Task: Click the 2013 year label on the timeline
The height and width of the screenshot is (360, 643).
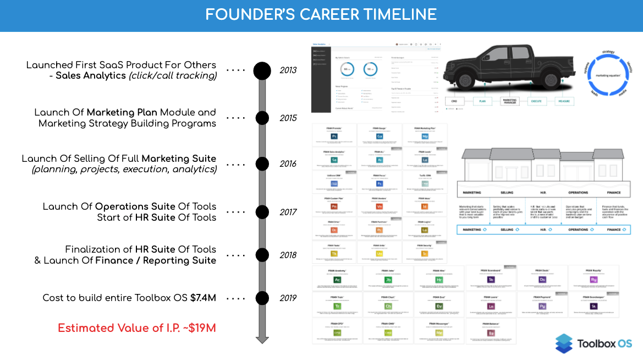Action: (288, 70)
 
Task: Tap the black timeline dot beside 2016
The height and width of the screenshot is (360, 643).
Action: (262, 164)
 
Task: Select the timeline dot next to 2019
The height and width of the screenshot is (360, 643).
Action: (262, 298)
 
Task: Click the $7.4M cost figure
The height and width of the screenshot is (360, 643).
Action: (203, 298)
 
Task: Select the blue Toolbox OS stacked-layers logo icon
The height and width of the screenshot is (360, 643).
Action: (563, 343)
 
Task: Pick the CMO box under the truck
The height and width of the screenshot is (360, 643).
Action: (455, 102)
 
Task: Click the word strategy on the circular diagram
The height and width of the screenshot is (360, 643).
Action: (608, 52)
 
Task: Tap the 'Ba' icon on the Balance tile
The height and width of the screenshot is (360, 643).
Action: (491, 333)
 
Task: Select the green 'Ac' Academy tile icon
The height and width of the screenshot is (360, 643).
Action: (337, 279)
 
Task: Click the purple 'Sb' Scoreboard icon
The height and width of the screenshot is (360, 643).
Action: (491, 279)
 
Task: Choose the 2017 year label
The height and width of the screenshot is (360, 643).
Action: (288, 212)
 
